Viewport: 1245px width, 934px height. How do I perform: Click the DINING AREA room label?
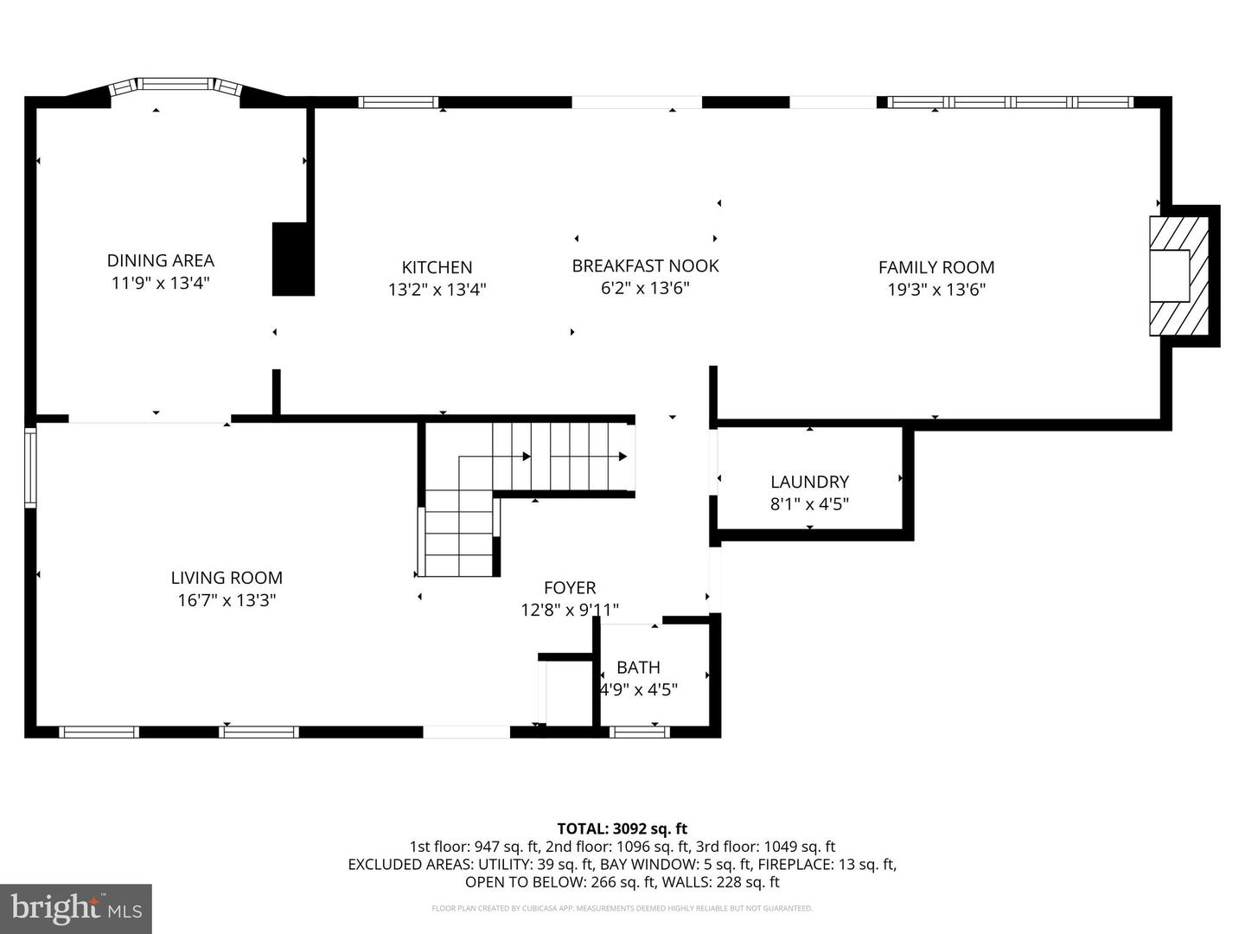(160, 260)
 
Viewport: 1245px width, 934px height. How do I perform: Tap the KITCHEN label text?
(437, 268)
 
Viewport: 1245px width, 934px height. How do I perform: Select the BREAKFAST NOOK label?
(645, 265)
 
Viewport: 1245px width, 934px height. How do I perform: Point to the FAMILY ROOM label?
(936, 268)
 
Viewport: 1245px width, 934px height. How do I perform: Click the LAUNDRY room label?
(809, 482)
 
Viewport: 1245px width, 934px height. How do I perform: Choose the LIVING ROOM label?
(227, 578)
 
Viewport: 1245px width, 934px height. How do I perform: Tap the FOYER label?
(570, 588)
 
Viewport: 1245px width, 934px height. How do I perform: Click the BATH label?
(638, 668)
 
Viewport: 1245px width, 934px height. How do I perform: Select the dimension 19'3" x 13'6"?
(936, 290)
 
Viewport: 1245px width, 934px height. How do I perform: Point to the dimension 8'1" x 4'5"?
(809, 503)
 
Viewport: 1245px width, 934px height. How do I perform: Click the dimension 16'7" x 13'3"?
(227, 600)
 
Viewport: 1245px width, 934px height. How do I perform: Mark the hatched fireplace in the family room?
(1178, 276)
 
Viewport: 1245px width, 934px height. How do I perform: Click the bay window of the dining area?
(176, 85)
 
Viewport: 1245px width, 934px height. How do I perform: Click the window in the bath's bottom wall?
(639, 732)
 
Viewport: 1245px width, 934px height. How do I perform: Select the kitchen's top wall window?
(398, 102)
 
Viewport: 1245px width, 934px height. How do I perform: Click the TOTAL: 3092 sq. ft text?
(622, 828)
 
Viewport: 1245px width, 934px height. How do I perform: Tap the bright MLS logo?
(76, 908)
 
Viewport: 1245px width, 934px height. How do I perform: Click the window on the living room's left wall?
(30, 467)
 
